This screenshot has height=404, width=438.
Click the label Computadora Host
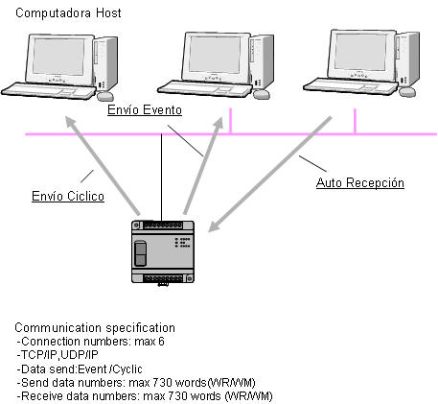tap(68, 13)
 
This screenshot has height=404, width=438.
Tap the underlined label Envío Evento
tap(145, 109)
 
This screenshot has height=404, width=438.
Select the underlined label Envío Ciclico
tap(68, 196)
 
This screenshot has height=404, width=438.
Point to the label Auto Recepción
tap(360, 182)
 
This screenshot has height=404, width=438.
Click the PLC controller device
tap(163, 252)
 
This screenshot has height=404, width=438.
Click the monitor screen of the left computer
tap(58, 57)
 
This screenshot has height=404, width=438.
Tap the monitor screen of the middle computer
tap(214, 55)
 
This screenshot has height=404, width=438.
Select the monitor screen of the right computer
tap(360, 52)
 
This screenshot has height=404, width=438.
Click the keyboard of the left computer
tap(48, 91)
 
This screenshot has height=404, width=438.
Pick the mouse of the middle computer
tap(262, 94)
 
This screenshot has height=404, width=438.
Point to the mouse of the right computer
tap(407, 92)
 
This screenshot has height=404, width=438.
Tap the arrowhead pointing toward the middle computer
tap(219, 124)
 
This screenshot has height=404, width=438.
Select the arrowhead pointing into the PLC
tap(214, 226)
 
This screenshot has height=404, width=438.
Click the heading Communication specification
tap(95, 328)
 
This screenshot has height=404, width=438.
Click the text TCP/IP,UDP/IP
tap(58, 355)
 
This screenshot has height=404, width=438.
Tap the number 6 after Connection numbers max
tap(161, 342)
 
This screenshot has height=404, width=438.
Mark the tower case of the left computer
tap(105, 63)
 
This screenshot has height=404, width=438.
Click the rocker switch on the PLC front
tap(141, 253)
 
